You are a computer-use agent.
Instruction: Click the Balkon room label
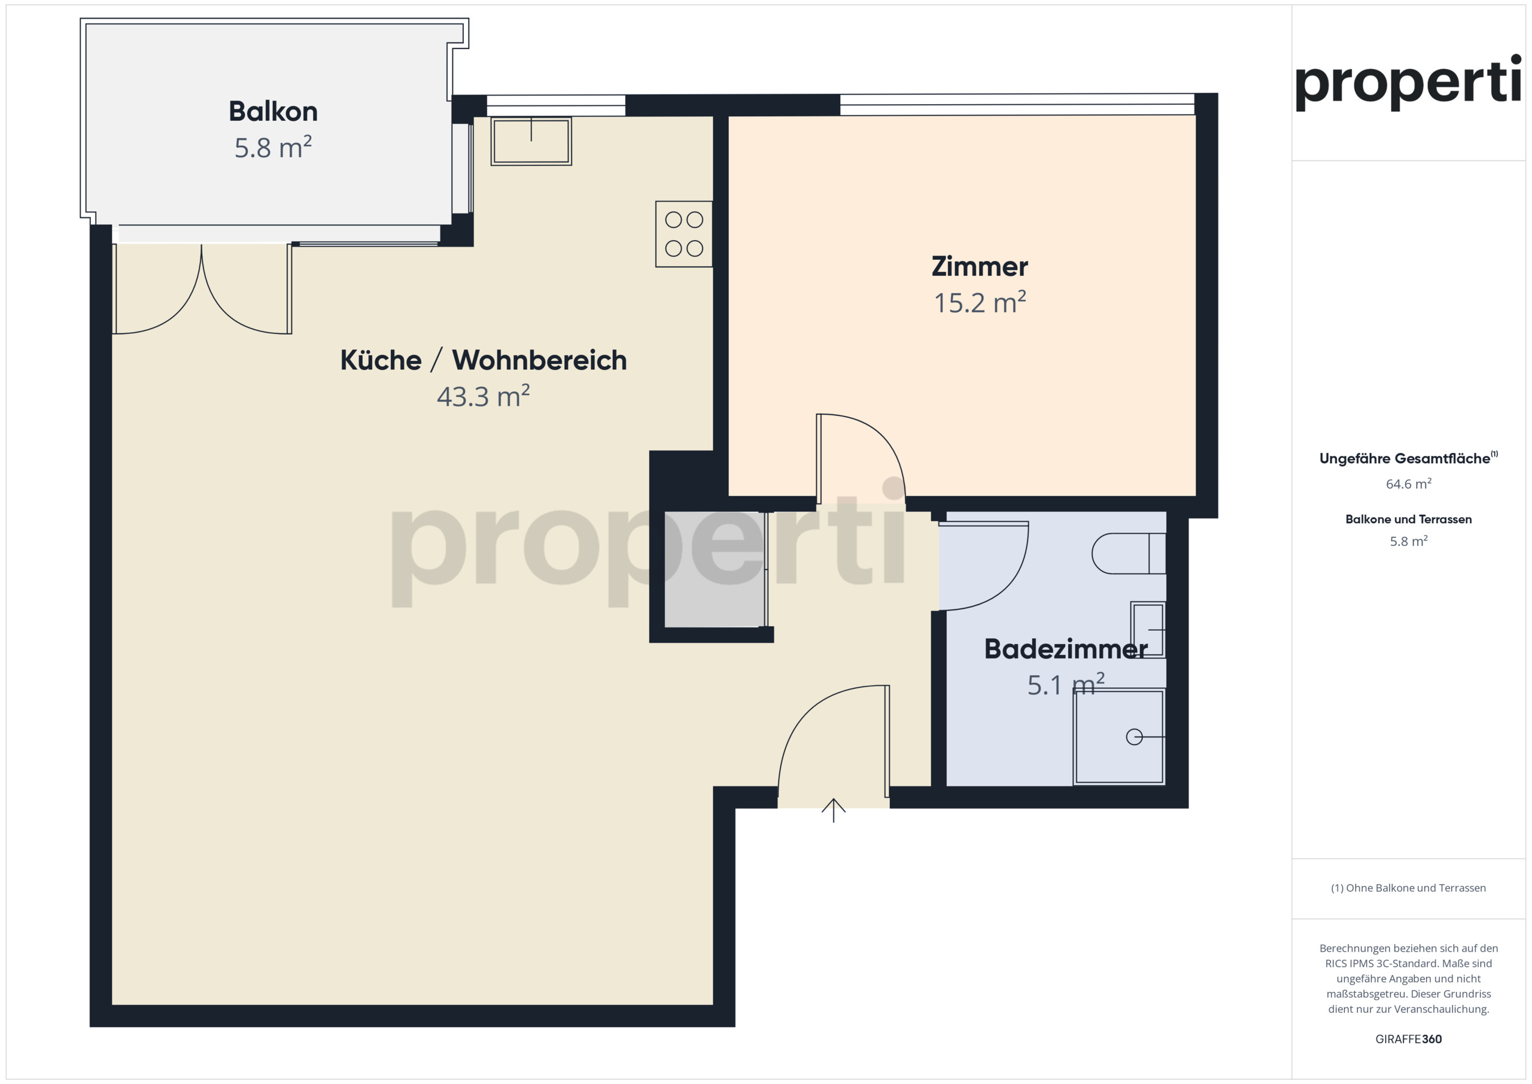[273, 111]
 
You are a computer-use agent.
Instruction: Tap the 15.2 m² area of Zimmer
[980, 302]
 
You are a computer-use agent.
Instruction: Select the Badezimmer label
[1066, 649]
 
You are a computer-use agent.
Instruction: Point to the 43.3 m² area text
[483, 396]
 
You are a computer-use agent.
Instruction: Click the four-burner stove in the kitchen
[684, 234]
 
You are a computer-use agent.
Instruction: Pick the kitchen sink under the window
[531, 141]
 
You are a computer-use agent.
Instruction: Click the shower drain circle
[1133, 737]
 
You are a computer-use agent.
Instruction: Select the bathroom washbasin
[1148, 630]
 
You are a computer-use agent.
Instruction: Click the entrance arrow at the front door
[834, 810]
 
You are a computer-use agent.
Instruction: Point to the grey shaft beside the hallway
[714, 569]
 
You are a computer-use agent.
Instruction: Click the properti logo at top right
[1408, 83]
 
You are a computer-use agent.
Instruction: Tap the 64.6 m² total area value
[1409, 484]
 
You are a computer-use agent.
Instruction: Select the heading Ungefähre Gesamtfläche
[1405, 459]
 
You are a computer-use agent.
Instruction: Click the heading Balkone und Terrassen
[1409, 520]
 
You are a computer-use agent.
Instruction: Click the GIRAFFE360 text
[1409, 1039]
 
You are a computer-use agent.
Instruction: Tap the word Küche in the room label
[381, 360]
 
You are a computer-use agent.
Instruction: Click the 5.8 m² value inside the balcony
[273, 147]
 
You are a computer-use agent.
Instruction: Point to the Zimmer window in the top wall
[1017, 105]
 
